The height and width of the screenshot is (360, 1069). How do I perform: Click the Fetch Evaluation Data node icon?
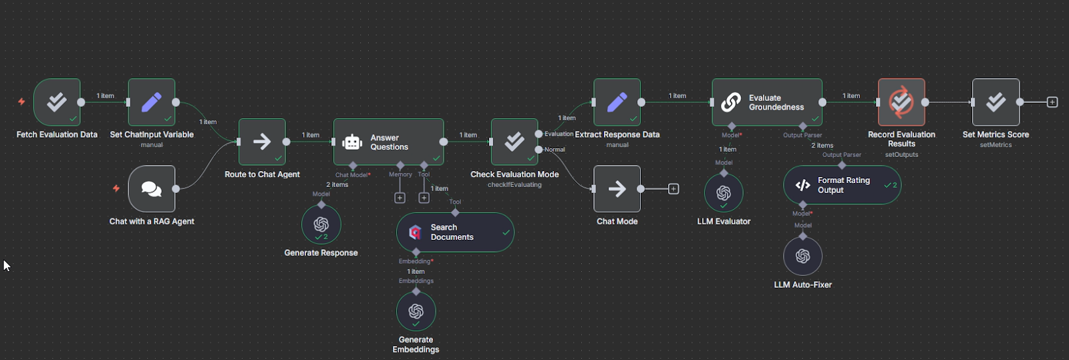(x=57, y=102)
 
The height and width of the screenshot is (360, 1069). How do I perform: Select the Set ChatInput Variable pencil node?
(x=152, y=102)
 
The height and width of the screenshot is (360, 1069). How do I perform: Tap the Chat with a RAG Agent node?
(x=152, y=189)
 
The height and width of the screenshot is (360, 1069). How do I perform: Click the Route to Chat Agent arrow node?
(x=262, y=142)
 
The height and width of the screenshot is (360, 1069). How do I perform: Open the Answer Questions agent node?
(x=388, y=142)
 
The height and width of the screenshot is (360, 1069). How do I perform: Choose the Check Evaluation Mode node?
(x=514, y=142)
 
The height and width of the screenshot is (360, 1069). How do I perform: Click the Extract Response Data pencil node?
(x=617, y=102)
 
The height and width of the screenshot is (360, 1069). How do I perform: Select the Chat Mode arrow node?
(x=617, y=189)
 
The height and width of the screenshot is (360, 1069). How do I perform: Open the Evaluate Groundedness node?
(x=766, y=102)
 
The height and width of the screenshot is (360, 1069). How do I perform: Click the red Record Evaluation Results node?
(x=901, y=102)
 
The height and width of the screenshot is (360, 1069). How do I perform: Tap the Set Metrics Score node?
(x=996, y=102)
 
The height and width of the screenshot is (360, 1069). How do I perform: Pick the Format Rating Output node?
(x=842, y=185)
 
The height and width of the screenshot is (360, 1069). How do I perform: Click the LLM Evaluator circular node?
(x=724, y=193)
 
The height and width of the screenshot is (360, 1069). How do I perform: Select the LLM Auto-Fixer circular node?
(x=802, y=256)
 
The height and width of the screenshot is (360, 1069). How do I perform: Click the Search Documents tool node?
(x=455, y=232)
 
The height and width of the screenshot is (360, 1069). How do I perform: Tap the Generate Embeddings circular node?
(x=416, y=311)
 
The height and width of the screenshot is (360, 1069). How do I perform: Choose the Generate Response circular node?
(x=321, y=224)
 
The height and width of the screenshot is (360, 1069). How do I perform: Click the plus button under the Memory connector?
(x=400, y=198)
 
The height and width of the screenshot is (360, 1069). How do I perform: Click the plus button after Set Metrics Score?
(x=1052, y=102)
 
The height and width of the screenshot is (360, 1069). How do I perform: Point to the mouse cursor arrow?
(x=6, y=265)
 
